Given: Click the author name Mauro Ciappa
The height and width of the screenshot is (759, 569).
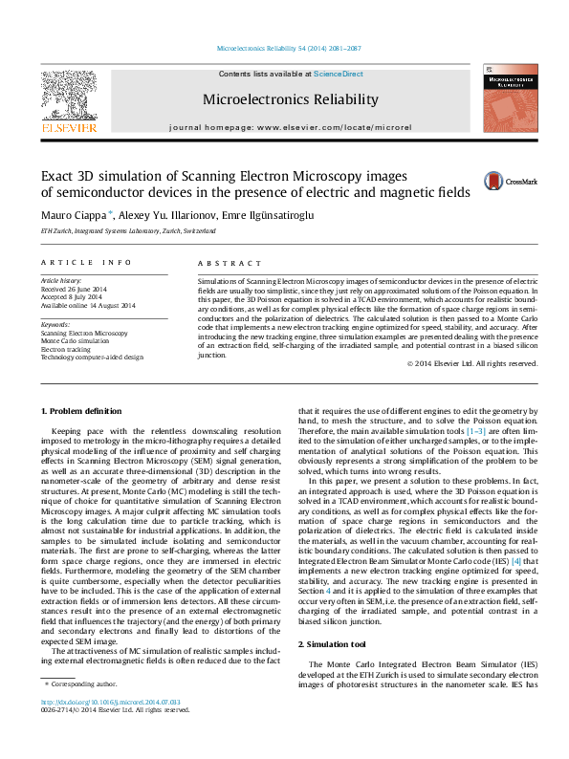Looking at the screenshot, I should point(73,215).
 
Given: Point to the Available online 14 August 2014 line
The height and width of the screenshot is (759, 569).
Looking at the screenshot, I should point(88,305).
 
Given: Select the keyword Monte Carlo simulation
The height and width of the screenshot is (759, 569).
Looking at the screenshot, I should point(75,340).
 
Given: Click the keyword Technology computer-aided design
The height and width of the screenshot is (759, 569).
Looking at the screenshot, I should point(92,356).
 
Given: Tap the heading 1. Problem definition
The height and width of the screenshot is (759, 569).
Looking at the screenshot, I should point(81,411).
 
